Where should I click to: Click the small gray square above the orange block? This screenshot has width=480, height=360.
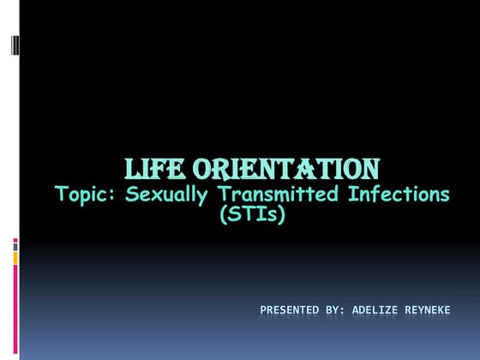[x=15, y=243]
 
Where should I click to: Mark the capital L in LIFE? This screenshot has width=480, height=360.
[x=133, y=167]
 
